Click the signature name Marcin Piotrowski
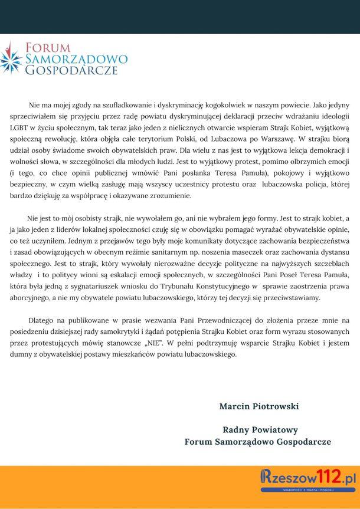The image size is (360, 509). click(259, 406)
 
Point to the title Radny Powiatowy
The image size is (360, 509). click(260, 429)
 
